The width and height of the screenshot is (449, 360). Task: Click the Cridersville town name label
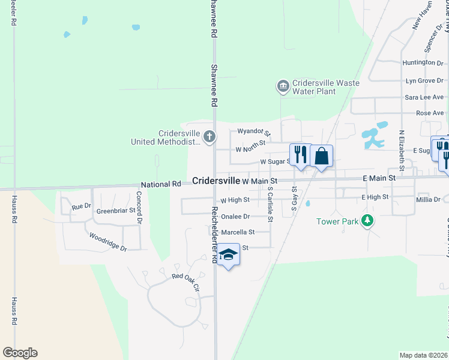click(x=216, y=181)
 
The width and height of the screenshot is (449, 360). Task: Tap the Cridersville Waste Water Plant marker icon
click(x=283, y=87)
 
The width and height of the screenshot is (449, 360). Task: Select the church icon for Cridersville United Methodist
click(x=209, y=137)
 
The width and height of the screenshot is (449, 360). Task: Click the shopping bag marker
click(x=322, y=155)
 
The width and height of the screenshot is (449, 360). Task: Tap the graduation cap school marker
click(x=228, y=255)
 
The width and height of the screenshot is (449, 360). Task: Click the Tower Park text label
click(x=337, y=222)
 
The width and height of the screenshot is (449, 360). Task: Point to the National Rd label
click(x=160, y=184)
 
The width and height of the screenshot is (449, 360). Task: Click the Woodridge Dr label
click(x=108, y=244)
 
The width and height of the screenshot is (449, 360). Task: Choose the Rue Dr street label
click(x=81, y=206)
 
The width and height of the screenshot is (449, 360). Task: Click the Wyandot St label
click(x=254, y=131)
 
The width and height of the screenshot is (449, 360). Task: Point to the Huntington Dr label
click(x=423, y=62)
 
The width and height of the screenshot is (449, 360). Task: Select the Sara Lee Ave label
click(x=424, y=97)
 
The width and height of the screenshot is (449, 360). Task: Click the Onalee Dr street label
click(x=235, y=217)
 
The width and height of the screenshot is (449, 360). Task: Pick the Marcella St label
click(x=238, y=232)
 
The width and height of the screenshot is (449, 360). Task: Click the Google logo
click(x=20, y=353)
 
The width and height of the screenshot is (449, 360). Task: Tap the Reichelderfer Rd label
click(x=214, y=235)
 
